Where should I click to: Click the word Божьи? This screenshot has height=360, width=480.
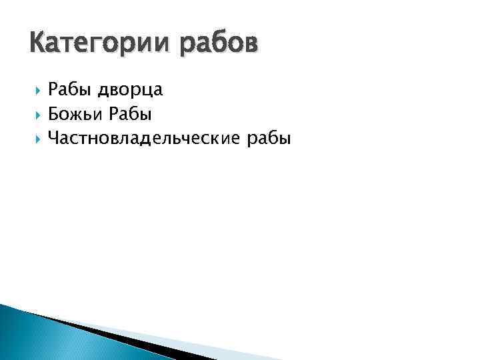pyautogui.click(x=73, y=114)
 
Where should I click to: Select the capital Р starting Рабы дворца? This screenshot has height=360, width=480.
pyautogui.click(x=53, y=89)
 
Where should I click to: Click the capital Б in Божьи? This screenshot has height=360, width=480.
pyautogui.click(x=53, y=114)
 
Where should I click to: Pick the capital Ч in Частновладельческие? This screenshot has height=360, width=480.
pyautogui.click(x=53, y=138)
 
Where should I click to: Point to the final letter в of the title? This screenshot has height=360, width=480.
pyautogui.click(x=247, y=45)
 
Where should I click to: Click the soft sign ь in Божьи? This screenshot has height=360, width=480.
pyautogui.click(x=84, y=115)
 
